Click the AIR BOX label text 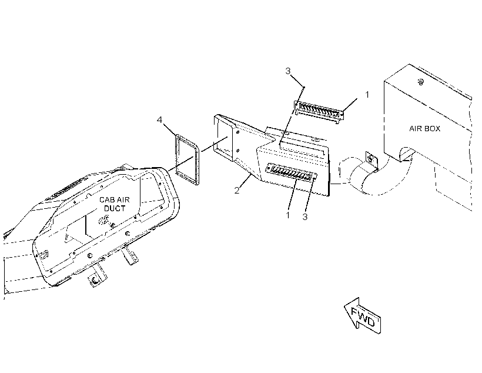tap(424, 129)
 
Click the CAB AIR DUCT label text tap(115, 204)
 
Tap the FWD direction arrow tap(363, 316)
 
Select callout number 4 tap(159, 119)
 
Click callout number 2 tap(236, 191)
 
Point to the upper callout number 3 tap(287, 71)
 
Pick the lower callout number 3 tap(304, 217)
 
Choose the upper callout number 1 tap(367, 95)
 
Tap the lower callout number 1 tap(287, 215)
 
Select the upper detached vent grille tap(319, 111)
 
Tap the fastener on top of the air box tap(420, 82)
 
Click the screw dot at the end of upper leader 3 tap(303, 88)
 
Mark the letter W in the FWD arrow tap(363, 317)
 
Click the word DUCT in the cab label tap(115, 208)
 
